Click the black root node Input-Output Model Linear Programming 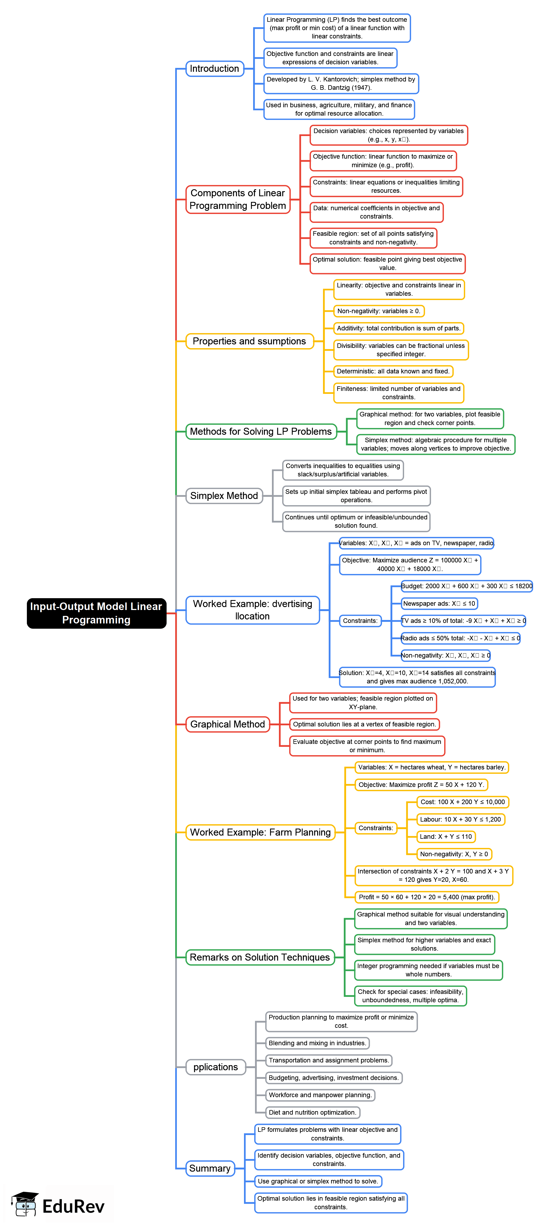point(96,613)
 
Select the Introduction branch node point(214,69)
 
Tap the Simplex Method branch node point(224,495)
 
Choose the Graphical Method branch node point(228,724)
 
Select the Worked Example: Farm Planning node point(260,832)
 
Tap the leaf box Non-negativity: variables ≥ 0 point(379,311)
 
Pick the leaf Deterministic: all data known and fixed point(393,371)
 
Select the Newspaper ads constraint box point(439,604)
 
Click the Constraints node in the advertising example point(360,621)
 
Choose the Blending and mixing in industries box point(317,1043)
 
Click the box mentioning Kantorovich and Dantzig point(341,83)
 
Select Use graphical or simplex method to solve point(318,1181)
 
